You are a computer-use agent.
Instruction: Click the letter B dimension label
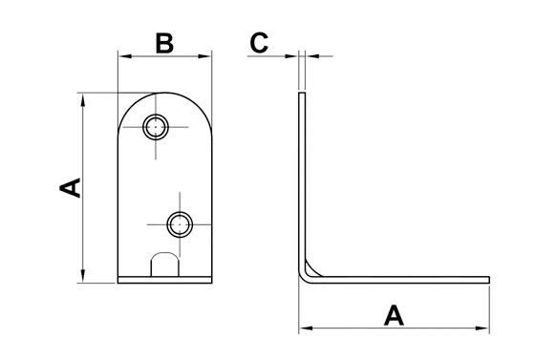(164, 44)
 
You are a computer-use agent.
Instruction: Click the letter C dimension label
(259, 43)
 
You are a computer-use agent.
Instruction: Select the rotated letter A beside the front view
(70, 188)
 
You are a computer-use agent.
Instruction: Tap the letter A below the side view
(394, 316)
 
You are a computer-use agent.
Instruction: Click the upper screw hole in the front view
(156, 127)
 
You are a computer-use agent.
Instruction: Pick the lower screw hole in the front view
(180, 224)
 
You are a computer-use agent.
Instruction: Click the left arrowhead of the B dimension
(125, 56)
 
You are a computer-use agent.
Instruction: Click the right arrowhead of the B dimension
(205, 56)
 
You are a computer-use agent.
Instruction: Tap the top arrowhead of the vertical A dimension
(83, 100)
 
